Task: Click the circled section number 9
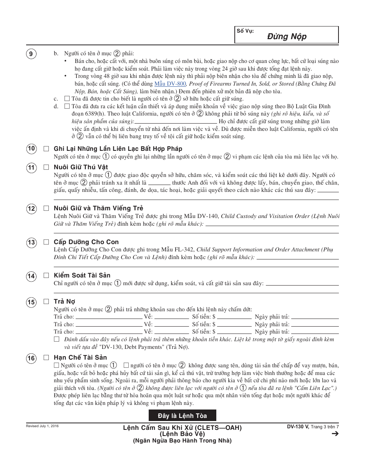31,54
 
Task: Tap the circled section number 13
31,243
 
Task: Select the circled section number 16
31,358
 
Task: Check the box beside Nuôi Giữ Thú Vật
46,167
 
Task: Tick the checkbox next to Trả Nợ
46,301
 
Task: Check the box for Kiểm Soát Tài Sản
46,275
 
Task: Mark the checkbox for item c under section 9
67,99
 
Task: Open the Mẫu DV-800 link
170,84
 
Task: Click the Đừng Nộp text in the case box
287,37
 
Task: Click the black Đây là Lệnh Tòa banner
182,416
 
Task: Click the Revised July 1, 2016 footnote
42,426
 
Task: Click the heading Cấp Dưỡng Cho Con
86,242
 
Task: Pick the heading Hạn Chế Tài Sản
80,357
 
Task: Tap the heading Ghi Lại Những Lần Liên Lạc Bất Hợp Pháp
118,149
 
